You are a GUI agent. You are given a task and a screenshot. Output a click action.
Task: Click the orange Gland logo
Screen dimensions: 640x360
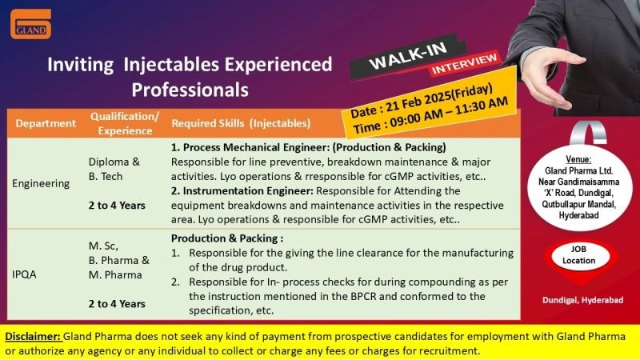(x=31, y=24)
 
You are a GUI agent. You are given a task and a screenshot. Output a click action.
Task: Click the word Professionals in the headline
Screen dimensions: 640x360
(x=190, y=90)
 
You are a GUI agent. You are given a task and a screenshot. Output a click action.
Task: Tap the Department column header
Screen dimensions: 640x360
(x=46, y=123)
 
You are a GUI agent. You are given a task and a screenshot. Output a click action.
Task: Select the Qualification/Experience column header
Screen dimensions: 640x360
(x=125, y=123)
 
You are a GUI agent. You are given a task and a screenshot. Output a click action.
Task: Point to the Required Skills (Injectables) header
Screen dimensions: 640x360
(x=241, y=123)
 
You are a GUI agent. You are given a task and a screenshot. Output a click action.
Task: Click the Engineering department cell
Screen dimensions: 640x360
(x=41, y=184)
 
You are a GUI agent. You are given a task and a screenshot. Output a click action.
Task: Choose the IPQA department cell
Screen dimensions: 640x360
(x=24, y=274)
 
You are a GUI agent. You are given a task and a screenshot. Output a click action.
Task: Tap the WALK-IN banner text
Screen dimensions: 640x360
(x=408, y=56)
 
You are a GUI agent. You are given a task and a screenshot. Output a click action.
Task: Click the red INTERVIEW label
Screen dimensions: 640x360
(x=464, y=65)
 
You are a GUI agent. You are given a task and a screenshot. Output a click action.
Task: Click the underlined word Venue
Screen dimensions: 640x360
(x=578, y=159)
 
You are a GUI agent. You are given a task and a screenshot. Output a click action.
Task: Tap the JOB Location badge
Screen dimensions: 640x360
(x=579, y=254)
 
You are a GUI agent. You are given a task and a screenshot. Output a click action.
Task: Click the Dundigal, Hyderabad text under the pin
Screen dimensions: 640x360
(x=583, y=300)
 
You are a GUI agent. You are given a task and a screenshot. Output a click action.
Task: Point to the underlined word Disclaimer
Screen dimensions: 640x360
(x=33, y=336)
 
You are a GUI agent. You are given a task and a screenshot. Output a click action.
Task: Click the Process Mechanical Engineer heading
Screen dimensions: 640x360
(x=309, y=147)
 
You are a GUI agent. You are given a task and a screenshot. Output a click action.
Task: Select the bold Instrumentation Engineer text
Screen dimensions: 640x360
(x=248, y=191)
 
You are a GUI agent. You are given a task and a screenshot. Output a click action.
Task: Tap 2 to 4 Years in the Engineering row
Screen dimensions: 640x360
(x=117, y=206)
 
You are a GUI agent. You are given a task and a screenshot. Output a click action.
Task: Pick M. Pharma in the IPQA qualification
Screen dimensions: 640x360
(x=115, y=275)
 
